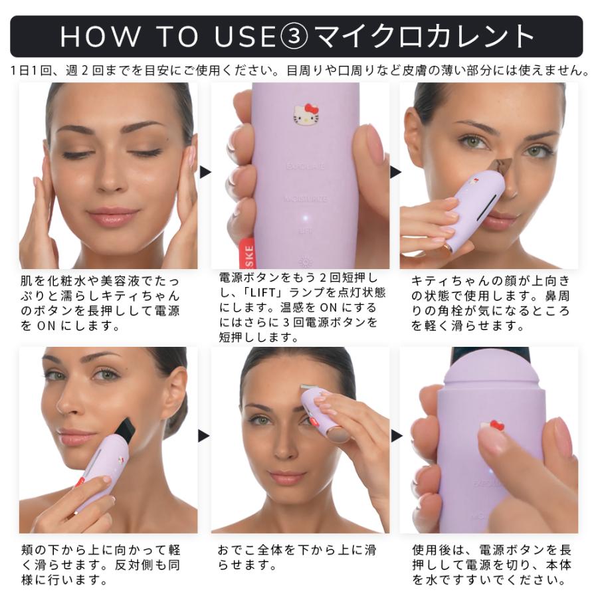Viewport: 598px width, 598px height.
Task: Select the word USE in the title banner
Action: click(x=244, y=37)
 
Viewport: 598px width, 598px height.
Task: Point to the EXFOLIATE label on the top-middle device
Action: click(x=305, y=165)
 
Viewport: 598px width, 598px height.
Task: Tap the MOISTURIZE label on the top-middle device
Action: click(x=305, y=198)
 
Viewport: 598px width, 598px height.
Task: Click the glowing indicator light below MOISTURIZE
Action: click(x=305, y=217)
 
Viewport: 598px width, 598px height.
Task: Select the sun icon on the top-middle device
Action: click(x=305, y=260)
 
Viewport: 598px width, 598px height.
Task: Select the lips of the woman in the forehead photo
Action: click(x=287, y=477)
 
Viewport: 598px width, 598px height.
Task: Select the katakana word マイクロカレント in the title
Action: click(x=425, y=37)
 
